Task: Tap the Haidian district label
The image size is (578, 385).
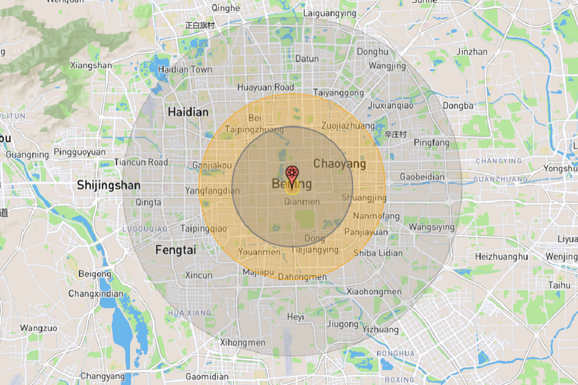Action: (x=188, y=112)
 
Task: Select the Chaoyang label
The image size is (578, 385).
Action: (x=340, y=164)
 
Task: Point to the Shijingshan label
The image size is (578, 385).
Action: (x=109, y=185)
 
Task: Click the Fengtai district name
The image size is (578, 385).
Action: (x=176, y=250)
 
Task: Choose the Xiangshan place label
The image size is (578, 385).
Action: (x=91, y=65)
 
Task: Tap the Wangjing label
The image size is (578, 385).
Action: (x=387, y=66)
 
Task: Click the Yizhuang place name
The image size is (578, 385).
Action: (x=381, y=330)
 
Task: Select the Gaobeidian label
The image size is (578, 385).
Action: (x=422, y=177)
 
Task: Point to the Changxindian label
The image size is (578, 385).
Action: (x=96, y=294)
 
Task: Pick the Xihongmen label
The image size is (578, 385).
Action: (x=242, y=343)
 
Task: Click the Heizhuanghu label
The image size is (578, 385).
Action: (x=501, y=257)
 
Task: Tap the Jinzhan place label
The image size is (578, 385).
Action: (x=472, y=51)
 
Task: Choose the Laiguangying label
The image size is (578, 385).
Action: (x=330, y=13)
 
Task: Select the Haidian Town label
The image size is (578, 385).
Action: (x=185, y=69)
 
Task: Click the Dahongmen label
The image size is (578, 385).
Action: (x=309, y=277)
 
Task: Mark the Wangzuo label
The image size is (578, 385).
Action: (x=39, y=328)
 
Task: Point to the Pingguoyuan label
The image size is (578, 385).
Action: (x=79, y=152)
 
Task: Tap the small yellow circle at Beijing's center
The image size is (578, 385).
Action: (x=292, y=187)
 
